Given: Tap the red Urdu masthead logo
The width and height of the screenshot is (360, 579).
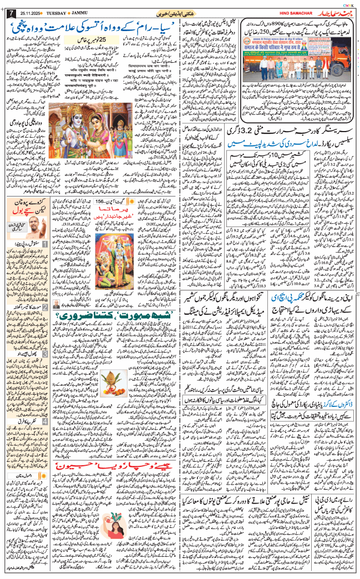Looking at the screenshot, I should [330, 12].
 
